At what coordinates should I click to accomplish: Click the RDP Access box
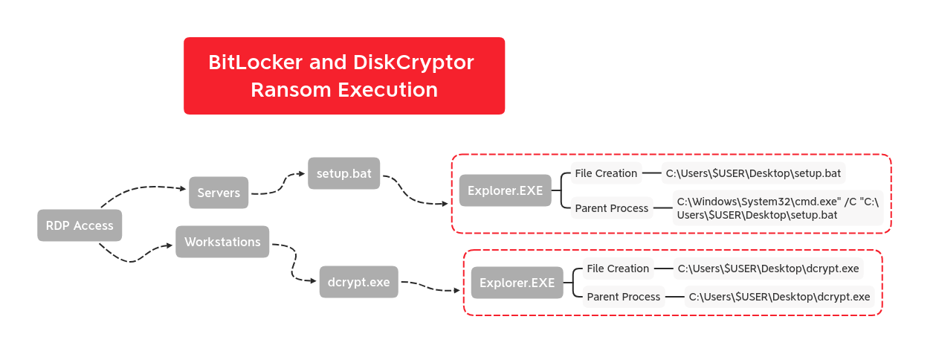click(x=80, y=225)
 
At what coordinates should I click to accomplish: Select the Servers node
click(x=219, y=193)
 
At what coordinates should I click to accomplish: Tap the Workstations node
click(x=222, y=242)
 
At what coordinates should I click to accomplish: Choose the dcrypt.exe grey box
click(x=358, y=282)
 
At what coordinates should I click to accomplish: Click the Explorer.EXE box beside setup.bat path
click(x=505, y=190)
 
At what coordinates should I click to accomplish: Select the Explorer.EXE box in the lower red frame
click(x=517, y=283)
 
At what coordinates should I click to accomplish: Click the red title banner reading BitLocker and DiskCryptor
click(x=343, y=76)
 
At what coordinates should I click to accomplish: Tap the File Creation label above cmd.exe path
click(x=606, y=173)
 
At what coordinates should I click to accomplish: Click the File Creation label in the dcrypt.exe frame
click(x=618, y=269)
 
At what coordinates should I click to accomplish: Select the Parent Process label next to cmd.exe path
click(x=611, y=208)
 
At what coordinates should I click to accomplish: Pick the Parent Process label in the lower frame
click(x=623, y=297)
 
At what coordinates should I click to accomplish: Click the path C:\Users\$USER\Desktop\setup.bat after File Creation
click(x=753, y=174)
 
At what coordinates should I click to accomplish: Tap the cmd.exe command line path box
click(x=778, y=208)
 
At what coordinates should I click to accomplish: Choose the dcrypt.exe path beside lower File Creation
click(x=768, y=269)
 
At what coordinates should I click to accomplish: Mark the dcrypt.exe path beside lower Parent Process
click(x=779, y=297)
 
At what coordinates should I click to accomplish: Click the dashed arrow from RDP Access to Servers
click(x=141, y=189)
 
